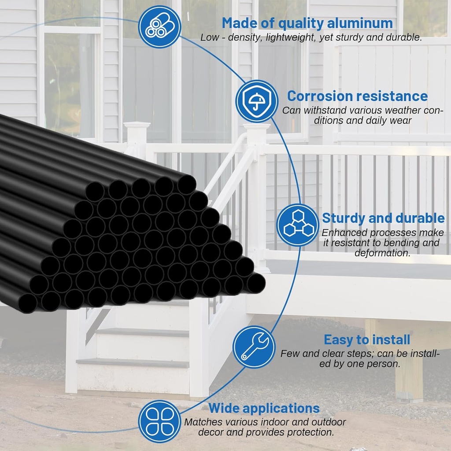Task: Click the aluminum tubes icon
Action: [159, 26]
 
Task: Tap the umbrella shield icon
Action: [257, 101]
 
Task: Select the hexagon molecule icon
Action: [298, 225]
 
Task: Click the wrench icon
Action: [253, 347]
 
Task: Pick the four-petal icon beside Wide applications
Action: [159, 421]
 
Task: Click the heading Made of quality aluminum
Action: [307, 22]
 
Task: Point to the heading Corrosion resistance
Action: [357, 96]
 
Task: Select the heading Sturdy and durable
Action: [383, 218]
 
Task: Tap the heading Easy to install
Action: [367, 340]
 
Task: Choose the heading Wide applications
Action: [264, 408]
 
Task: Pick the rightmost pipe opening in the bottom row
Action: [256, 283]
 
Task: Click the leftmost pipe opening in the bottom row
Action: [27, 303]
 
